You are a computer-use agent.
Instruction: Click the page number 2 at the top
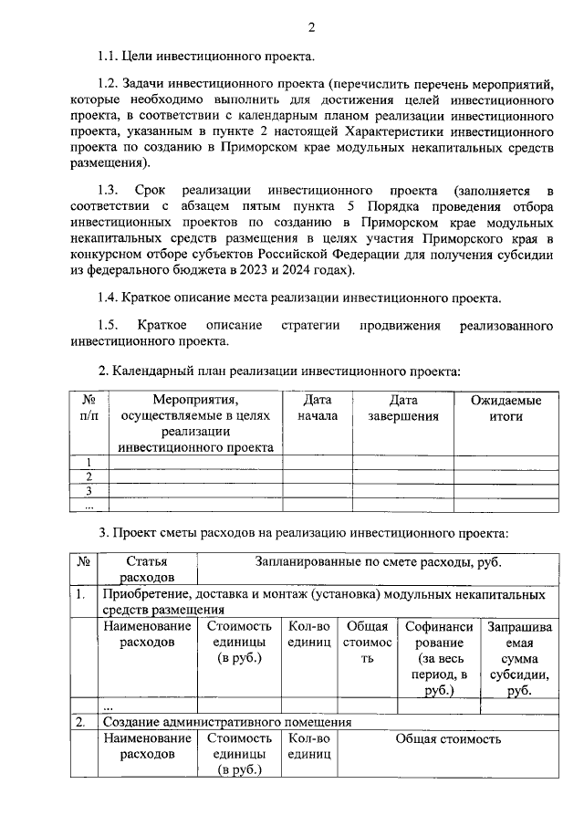click(311, 27)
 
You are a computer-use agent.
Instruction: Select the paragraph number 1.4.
click(109, 298)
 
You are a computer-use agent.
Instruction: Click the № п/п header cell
click(89, 408)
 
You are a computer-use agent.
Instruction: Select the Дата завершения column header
click(403, 408)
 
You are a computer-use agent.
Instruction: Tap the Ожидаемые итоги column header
click(506, 408)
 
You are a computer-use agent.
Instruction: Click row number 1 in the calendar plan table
click(89, 462)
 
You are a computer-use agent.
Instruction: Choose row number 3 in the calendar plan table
click(89, 491)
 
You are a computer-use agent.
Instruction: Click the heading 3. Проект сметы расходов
click(303, 532)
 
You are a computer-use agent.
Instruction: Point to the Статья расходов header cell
click(147, 570)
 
